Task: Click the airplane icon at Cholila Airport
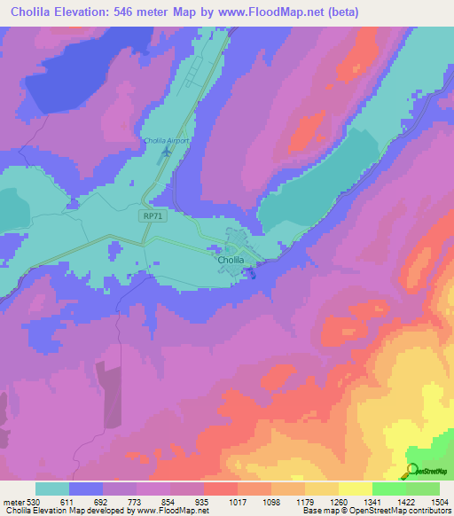(x=165, y=154)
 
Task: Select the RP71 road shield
(x=152, y=215)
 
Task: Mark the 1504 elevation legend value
(x=440, y=501)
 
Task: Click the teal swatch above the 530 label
(x=52, y=489)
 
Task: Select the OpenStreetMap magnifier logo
(x=413, y=471)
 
